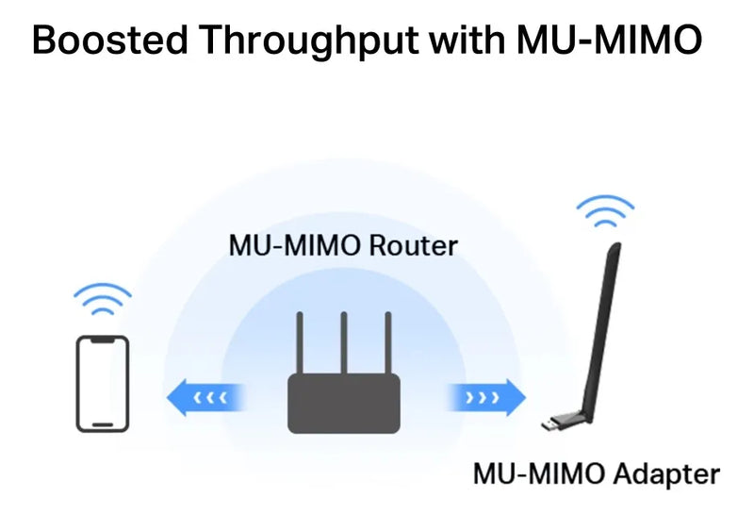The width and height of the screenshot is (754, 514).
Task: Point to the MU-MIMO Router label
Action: pyautogui.click(x=343, y=246)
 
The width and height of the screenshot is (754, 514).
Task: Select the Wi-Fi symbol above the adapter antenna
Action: pyautogui.click(x=604, y=210)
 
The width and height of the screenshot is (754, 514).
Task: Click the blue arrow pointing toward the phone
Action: pyautogui.click(x=205, y=398)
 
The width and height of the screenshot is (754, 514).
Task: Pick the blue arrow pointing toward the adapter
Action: pyautogui.click(x=488, y=398)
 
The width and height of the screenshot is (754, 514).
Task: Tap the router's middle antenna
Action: pyautogui.click(x=343, y=340)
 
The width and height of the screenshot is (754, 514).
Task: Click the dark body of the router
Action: pyautogui.click(x=343, y=404)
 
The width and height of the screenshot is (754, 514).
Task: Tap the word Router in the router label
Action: pyautogui.click(x=415, y=246)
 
